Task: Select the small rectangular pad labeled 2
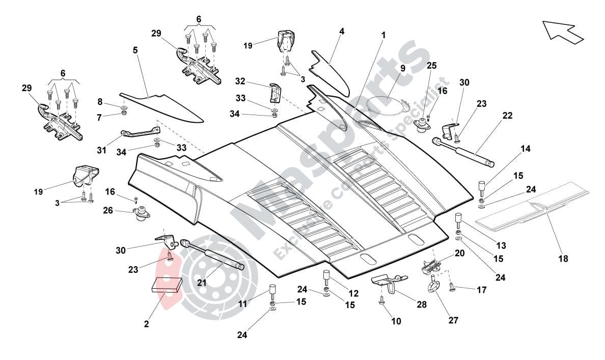tap(167, 284)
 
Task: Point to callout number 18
tap(562, 259)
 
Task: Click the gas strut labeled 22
tap(463, 151)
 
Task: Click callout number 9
tap(402, 68)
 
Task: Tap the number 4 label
tap(342, 31)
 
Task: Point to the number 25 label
tap(431, 66)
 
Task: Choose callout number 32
tap(240, 81)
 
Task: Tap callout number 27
tap(453, 320)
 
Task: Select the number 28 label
tap(422, 304)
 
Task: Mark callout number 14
tap(526, 149)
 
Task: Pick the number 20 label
tap(459, 253)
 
